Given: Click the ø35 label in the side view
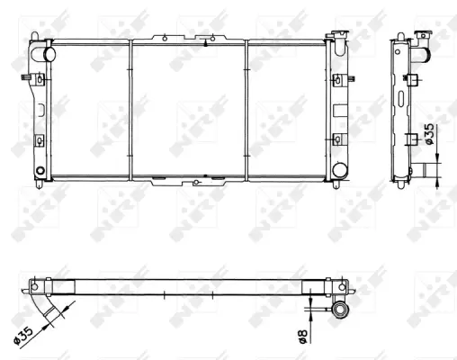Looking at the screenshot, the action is [x=430, y=133].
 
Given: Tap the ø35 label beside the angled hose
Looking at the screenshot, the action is [x=23, y=336].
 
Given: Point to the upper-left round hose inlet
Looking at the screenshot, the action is [x=49, y=54].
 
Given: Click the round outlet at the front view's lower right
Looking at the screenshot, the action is [x=340, y=169].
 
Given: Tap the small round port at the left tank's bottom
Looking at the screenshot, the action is [x=40, y=171].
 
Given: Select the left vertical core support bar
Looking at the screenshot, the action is [x=130, y=110].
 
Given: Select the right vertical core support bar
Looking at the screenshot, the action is [x=246, y=110].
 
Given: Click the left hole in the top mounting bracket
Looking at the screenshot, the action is [x=165, y=39].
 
